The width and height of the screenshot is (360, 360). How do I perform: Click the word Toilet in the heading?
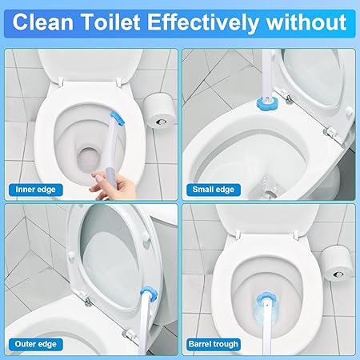111,22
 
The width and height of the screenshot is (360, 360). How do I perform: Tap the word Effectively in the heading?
202,23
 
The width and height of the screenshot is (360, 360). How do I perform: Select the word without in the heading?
306,22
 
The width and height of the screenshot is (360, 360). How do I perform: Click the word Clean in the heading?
43,22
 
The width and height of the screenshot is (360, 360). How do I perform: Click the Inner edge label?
35,190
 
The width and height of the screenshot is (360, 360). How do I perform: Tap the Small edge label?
214,190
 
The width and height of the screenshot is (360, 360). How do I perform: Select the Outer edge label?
36,344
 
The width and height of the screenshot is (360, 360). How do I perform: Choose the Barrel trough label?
214,344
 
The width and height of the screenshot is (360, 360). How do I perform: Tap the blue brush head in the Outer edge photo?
149,293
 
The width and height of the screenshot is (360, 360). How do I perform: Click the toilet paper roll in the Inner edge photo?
160,111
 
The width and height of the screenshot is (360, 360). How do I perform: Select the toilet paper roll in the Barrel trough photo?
338,263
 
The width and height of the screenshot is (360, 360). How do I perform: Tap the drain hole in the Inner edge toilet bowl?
89,159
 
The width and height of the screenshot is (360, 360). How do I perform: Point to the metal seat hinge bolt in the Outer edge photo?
88,302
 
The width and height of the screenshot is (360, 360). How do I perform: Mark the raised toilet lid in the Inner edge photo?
90,64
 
